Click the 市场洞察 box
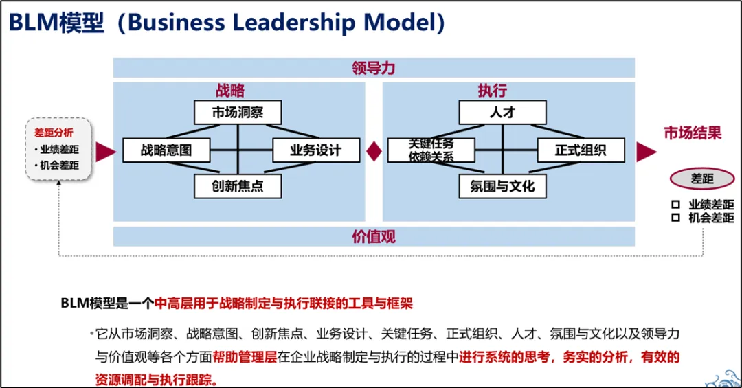238,113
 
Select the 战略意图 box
166,150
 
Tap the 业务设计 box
316,150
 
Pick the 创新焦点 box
238,186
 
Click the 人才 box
502,113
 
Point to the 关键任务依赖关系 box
431,150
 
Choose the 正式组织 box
581,150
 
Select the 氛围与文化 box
502,186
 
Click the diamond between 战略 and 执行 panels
373,151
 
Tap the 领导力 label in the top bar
373,68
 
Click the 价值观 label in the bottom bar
373,237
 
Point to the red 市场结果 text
693,133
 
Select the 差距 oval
702,179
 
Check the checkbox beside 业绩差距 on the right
675,205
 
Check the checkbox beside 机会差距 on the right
675,218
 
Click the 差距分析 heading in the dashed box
54,133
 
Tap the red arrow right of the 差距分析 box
105,152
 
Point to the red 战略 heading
230,91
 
